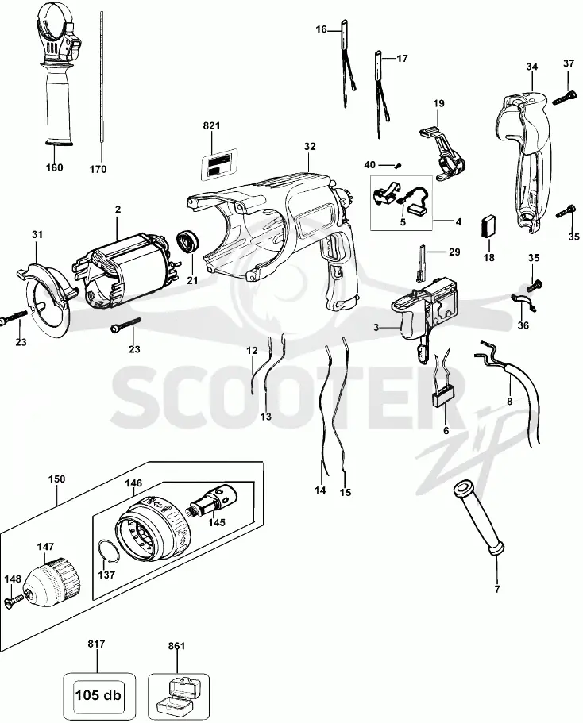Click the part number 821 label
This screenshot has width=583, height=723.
pos(211,126)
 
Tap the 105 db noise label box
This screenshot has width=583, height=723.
pos(99,694)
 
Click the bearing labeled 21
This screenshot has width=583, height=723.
pos(187,241)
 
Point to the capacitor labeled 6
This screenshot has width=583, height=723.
pos(442,384)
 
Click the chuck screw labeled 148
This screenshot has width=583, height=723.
pos(15,600)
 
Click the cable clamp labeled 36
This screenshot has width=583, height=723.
pos(523,302)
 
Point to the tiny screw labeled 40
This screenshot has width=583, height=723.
pos(398,164)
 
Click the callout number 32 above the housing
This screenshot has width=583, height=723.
pos(310,147)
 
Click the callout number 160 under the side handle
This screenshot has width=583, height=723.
pos(55,167)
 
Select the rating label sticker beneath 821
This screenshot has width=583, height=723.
pos(219,163)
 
